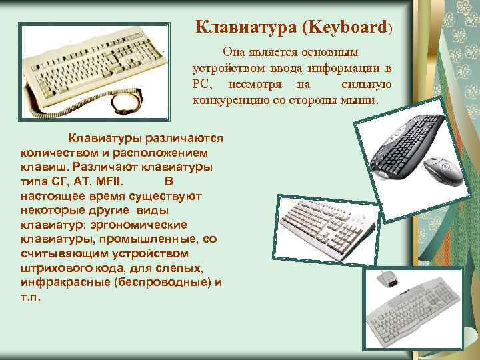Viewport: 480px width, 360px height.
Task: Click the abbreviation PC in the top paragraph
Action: (x=201, y=85)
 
